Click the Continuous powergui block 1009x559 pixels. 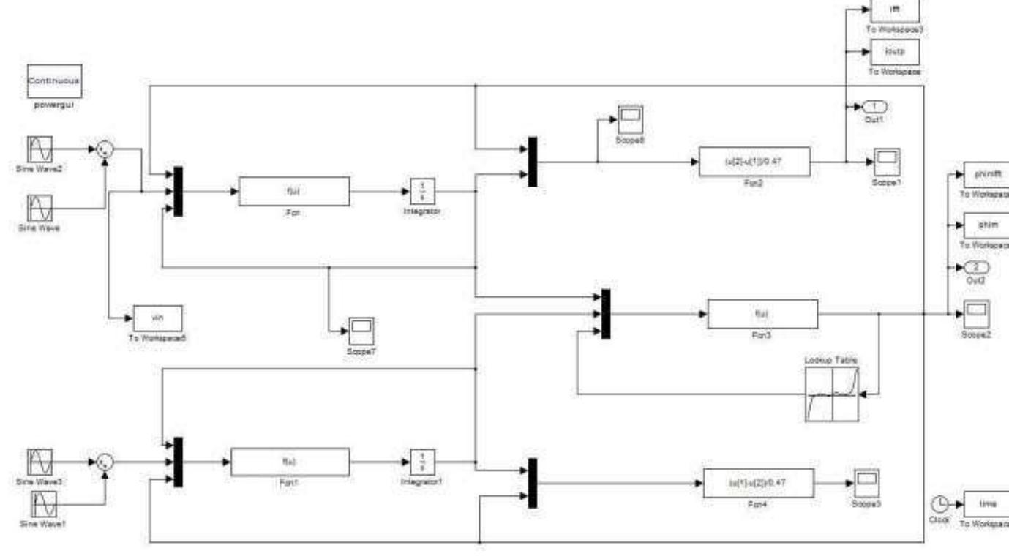(54, 81)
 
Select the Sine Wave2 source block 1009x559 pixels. (40, 149)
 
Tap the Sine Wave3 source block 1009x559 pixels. (40, 462)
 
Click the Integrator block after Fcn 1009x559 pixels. (421, 192)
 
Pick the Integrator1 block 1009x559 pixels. (421, 462)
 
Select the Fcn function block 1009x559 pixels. (293, 192)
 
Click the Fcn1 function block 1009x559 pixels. (290, 462)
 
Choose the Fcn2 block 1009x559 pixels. (754, 161)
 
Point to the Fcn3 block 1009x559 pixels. (762, 314)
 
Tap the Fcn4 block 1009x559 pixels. (758, 483)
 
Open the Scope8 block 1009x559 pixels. (629, 119)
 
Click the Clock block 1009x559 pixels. (940, 503)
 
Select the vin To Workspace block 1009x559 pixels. (157, 318)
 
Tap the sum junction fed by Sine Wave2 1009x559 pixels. (105, 149)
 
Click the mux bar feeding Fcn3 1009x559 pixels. (605, 314)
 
